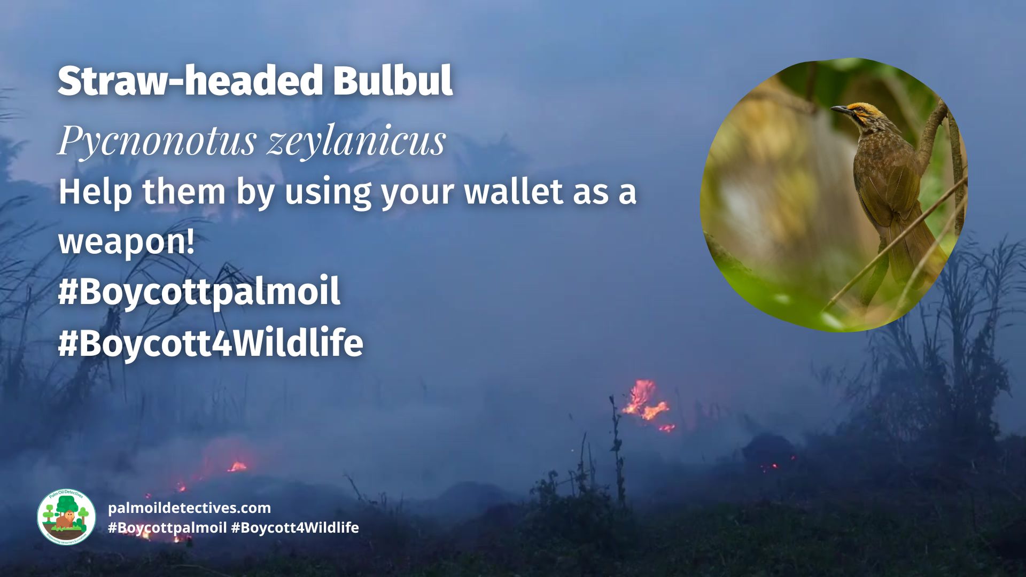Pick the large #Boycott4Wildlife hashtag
[x=211, y=342]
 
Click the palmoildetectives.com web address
[x=189, y=508]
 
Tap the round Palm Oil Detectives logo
[x=66, y=517]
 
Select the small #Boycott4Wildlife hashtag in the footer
[x=295, y=528]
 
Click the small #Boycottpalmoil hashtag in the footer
[x=167, y=528]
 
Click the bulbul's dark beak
[x=840, y=110]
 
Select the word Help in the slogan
[x=95, y=191]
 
